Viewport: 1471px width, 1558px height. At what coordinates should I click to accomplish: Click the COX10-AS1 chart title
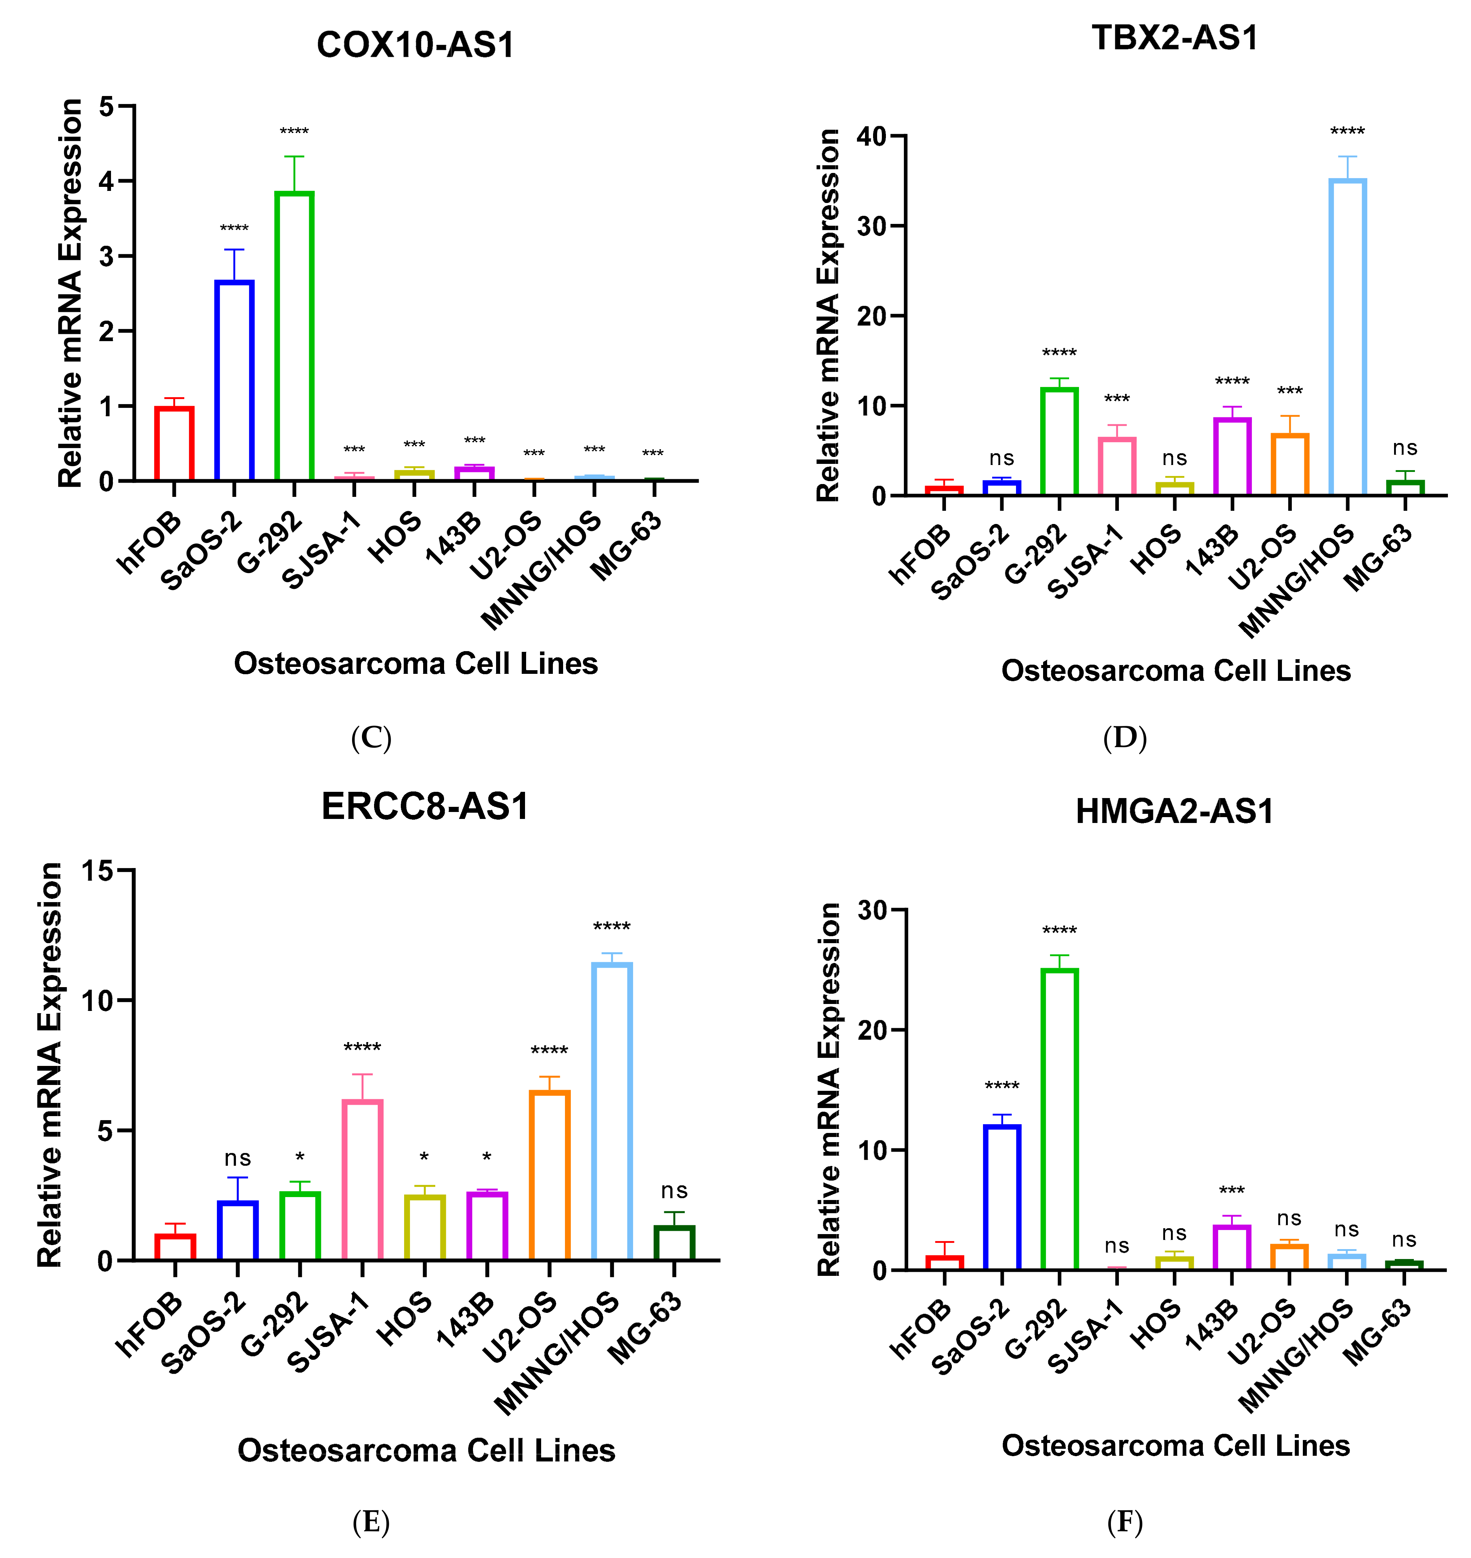pyautogui.click(x=415, y=45)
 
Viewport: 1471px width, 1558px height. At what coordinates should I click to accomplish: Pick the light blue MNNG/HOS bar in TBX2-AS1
pyautogui.click(x=1347, y=337)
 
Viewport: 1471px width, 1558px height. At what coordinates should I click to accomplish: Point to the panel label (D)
pyautogui.click(x=1124, y=738)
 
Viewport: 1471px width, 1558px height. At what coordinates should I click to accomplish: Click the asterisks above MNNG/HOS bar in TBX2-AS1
pyautogui.click(x=1347, y=131)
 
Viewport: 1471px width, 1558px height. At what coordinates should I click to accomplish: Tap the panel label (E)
pyautogui.click(x=371, y=1522)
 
